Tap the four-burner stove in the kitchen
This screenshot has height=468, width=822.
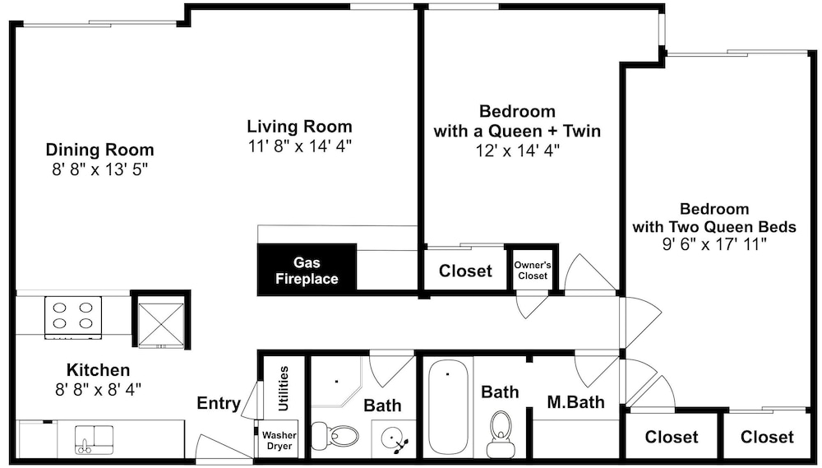[73, 317]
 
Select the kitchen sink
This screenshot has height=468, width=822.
[95, 440]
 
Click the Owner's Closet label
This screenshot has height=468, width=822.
[532, 271]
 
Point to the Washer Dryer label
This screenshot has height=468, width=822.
[279, 440]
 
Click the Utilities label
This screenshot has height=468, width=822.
[283, 389]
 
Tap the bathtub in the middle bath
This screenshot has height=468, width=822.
[448, 407]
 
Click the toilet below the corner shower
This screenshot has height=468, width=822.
[335, 436]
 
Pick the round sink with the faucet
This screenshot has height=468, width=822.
[392, 438]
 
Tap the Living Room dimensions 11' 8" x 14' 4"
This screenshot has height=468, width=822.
[299, 146]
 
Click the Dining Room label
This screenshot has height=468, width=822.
[99, 150]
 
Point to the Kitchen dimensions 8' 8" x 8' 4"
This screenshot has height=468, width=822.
[98, 389]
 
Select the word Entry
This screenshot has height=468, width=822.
[218, 403]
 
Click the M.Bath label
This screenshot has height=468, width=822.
[575, 402]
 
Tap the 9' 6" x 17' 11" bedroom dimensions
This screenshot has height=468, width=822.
[714, 243]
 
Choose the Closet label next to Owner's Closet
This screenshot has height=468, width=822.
[465, 271]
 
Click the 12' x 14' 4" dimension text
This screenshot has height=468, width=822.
[517, 151]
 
